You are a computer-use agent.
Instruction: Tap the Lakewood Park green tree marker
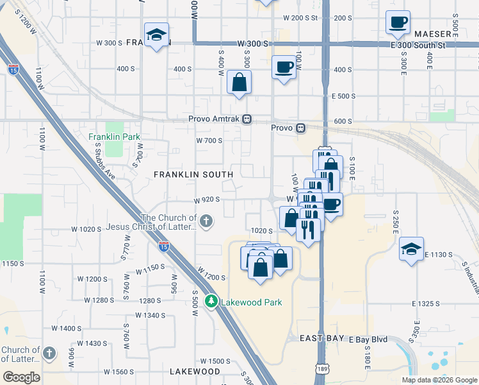211,301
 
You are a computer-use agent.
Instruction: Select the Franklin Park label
115,137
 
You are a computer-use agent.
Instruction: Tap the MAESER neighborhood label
433,33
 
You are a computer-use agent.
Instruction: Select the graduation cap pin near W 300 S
156,35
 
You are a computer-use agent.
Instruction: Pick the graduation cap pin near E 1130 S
410,250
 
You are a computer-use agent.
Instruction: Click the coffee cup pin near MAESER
398,22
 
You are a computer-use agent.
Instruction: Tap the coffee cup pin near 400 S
284,67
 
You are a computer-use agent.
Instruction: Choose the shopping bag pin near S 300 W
239,82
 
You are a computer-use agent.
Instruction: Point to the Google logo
21,377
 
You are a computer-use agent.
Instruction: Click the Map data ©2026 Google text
439,379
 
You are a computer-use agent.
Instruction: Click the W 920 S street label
207,200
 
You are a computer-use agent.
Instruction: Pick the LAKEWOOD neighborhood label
195,372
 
